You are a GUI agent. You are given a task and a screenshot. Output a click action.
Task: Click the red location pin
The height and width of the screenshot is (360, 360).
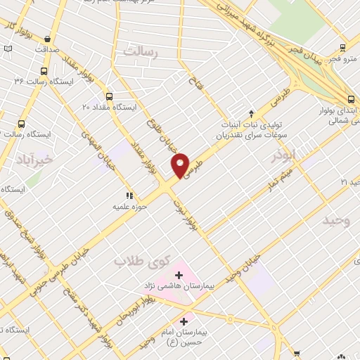coord(181,165)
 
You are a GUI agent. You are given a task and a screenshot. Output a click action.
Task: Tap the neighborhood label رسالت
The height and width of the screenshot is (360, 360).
coord(141,52)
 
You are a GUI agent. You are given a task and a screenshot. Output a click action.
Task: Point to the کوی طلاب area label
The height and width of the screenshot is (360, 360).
coord(143,261)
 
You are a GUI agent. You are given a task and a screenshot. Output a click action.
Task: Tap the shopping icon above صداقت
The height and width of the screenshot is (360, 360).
coord(46,39)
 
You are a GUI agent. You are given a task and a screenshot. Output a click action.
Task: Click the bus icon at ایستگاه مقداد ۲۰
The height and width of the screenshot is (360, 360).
coord(108,96)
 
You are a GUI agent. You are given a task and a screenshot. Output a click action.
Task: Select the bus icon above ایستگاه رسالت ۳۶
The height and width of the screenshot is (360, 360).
coord(44,72)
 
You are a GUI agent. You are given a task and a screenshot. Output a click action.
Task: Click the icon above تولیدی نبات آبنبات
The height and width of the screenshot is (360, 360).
coord(252,112)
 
